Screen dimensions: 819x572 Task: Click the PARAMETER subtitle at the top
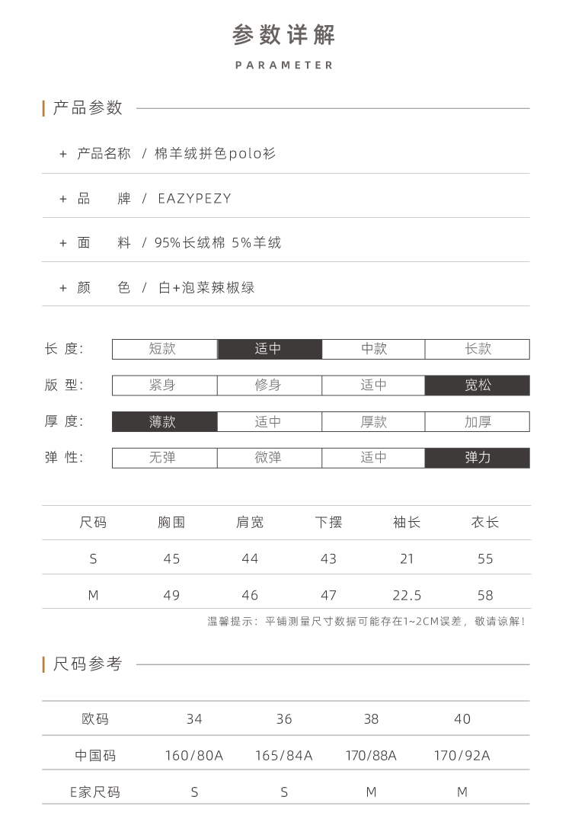(285, 66)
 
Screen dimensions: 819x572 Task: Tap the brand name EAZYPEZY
(194, 199)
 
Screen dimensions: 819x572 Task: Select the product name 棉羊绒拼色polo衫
(216, 154)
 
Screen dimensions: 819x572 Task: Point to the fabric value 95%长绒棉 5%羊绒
(218, 243)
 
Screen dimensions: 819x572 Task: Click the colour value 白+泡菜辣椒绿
(206, 288)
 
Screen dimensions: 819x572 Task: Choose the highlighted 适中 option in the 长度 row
(269, 349)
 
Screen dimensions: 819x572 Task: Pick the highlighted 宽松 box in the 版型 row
(478, 386)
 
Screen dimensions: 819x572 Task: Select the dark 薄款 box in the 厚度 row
(164, 421)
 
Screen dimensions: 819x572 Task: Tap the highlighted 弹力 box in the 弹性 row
(478, 458)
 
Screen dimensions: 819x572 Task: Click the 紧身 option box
(164, 386)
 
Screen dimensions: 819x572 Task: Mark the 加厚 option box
(478, 421)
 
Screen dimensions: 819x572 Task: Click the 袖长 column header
(407, 523)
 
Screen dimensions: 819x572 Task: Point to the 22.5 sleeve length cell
(407, 595)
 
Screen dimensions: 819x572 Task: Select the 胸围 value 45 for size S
(171, 559)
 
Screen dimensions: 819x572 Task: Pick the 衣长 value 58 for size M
(485, 595)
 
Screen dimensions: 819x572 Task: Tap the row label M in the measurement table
(93, 595)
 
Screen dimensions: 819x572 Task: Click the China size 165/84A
(284, 756)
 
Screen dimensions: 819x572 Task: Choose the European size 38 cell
(371, 719)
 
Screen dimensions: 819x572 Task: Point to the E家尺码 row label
(95, 792)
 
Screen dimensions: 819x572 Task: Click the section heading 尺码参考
(88, 664)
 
